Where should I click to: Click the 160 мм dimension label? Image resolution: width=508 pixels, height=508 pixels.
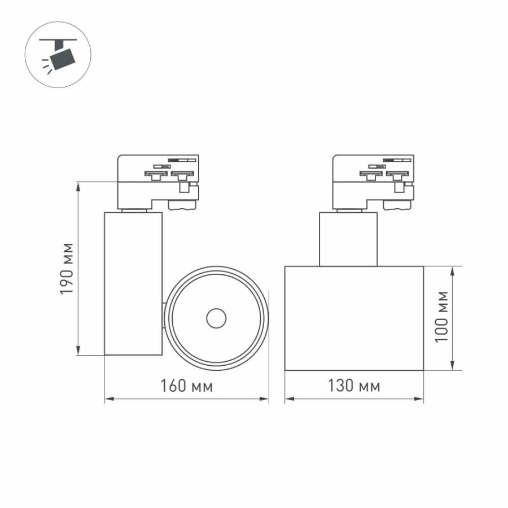[186, 387]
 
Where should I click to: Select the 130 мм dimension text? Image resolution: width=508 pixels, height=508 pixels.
[354, 387]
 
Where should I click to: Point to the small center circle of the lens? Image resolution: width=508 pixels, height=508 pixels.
[216, 318]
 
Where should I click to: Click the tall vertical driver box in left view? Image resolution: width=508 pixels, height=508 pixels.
[133, 283]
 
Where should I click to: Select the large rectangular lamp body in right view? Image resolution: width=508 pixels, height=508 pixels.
[354, 318]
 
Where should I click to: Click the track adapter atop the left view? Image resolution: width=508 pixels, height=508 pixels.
[157, 181]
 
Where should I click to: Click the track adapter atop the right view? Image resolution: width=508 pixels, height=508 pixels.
[373, 181]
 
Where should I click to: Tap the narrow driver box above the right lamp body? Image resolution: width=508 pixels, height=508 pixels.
[348, 239]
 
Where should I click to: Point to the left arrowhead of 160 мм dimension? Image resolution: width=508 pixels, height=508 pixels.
[108, 399]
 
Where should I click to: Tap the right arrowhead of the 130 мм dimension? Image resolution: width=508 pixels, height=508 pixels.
[420, 399]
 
